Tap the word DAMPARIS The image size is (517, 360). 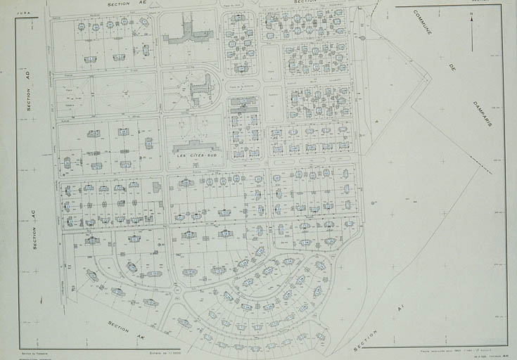coord(483,113)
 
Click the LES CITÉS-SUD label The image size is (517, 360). coord(194,155)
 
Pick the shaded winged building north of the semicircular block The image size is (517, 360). coord(186,31)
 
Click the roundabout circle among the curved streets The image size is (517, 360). coord(177,289)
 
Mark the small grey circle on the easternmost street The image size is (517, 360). coord(362,37)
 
